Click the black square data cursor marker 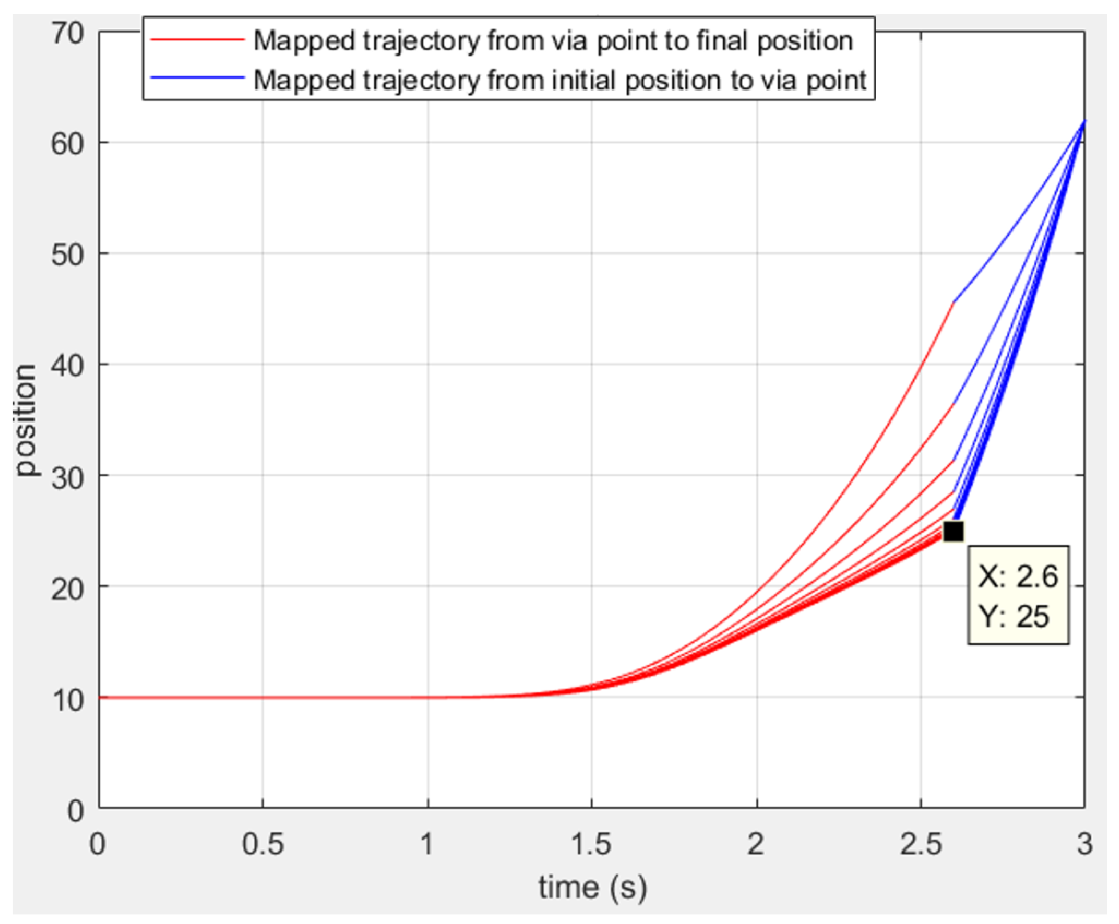point(953,531)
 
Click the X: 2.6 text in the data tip point(1017,576)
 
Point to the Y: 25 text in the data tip point(1013,617)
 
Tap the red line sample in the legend point(197,40)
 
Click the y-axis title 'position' point(27,420)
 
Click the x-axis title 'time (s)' point(592,887)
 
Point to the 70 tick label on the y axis point(68,33)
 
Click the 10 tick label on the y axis point(68,699)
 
